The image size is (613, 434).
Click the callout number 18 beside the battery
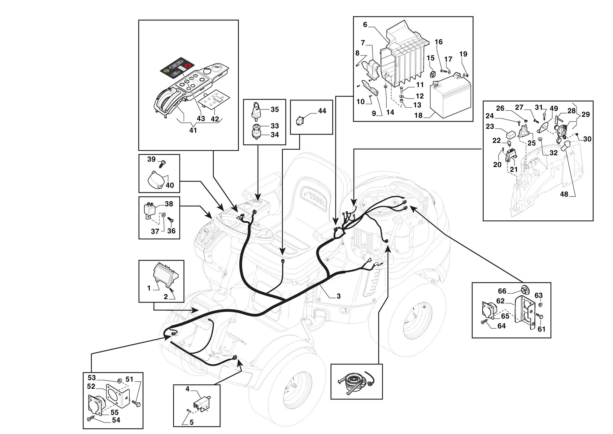coord(418,115)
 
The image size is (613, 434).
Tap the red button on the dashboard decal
coord(187,65)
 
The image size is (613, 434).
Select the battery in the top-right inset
coord(450,96)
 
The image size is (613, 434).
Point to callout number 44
coord(322,111)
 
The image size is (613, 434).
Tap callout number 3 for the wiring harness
coord(338,296)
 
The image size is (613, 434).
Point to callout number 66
coord(502,291)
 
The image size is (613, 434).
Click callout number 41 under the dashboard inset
coord(193,130)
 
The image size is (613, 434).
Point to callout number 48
coord(564,194)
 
